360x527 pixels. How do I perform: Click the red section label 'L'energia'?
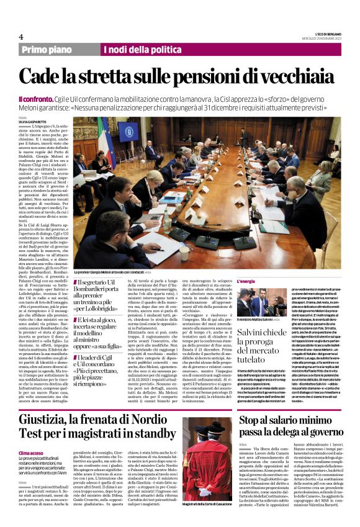click(x=246, y=281)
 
